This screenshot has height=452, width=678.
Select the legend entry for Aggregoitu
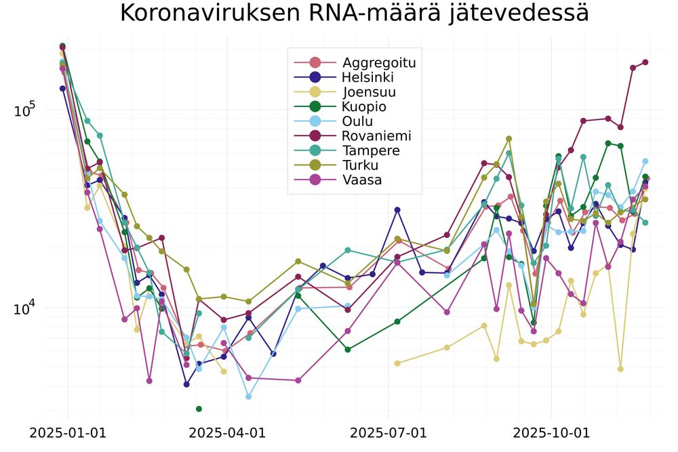[x=378, y=63]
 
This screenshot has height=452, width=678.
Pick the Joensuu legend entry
[x=370, y=92]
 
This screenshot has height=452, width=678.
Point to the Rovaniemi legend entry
[x=376, y=136]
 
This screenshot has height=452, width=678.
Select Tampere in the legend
[x=371, y=150]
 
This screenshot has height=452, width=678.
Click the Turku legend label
[x=361, y=165]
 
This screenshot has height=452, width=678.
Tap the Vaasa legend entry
[x=362, y=180]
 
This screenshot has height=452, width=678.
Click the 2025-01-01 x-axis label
[x=67, y=432]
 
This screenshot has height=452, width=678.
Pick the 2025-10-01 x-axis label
[x=551, y=432]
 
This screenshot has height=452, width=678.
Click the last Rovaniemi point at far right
[x=645, y=62]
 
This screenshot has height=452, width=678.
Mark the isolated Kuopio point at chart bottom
[x=199, y=409]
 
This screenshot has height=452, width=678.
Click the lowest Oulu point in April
[x=249, y=396]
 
